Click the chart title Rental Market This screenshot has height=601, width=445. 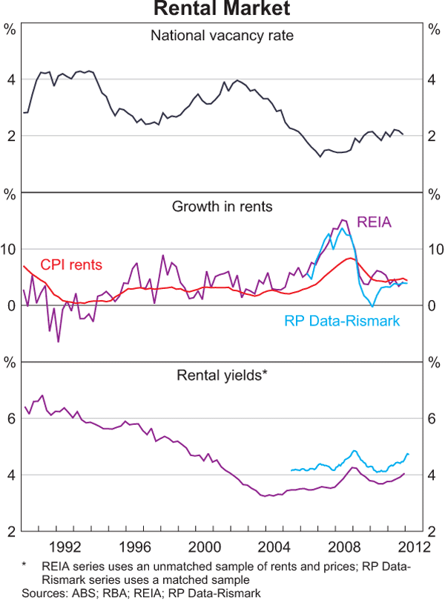click(x=222, y=9)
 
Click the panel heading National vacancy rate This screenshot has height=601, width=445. click(x=222, y=35)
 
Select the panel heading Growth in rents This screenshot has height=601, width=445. click(x=222, y=206)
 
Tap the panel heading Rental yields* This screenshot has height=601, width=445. click(x=222, y=375)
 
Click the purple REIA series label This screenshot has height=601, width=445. click(x=375, y=221)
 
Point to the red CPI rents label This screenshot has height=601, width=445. click(x=71, y=264)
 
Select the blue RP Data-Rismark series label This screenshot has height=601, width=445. click(x=343, y=321)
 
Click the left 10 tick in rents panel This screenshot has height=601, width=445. click(x=10, y=249)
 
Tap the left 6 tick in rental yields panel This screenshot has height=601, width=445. click(x=10, y=418)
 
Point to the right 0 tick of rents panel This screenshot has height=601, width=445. click(x=432, y=305)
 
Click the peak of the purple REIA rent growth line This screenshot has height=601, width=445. click(x=342, y=220)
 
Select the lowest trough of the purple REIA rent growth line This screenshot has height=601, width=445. click(x=58, y=341)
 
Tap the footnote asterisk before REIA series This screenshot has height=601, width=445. click(x=24, y=566)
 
